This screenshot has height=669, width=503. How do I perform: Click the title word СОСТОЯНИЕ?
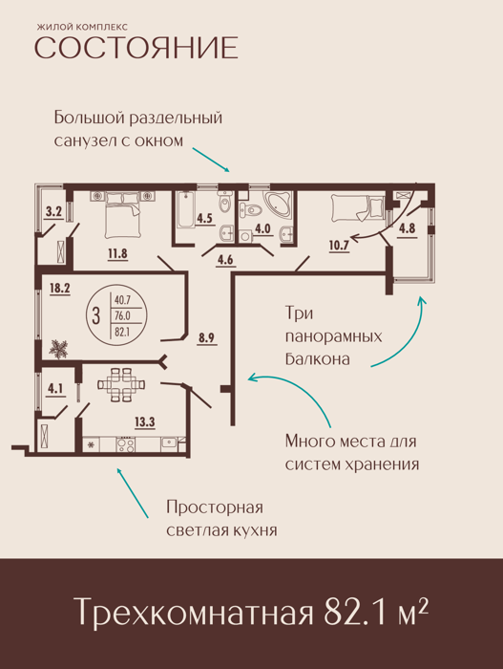tap(136, 48)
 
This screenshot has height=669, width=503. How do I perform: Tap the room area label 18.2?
tap(60, 288)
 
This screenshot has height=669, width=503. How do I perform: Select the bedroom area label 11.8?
tap(117, 254)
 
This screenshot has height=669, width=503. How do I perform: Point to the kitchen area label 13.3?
tap(145, 422)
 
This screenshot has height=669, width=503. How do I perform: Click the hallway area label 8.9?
tap(206, 338)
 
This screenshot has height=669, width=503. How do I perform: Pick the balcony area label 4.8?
tap(407, 228)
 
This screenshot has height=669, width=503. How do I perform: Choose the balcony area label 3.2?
tap(54, 211)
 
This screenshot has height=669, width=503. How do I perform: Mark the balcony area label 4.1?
tap(55, 389)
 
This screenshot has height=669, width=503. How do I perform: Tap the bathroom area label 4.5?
tap(204, 219)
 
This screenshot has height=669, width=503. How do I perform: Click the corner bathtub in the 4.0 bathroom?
tap(278, 205)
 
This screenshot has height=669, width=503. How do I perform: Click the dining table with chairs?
tap(121, 385)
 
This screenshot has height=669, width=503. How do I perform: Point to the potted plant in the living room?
tap(58, 348)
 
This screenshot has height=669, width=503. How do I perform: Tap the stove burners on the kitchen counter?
tap(125, 444)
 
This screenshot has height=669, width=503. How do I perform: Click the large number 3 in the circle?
tap(96, 316)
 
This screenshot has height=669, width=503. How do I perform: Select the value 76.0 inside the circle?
tap(122, 316)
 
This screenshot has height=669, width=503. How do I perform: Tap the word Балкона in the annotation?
tap(317, 358)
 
